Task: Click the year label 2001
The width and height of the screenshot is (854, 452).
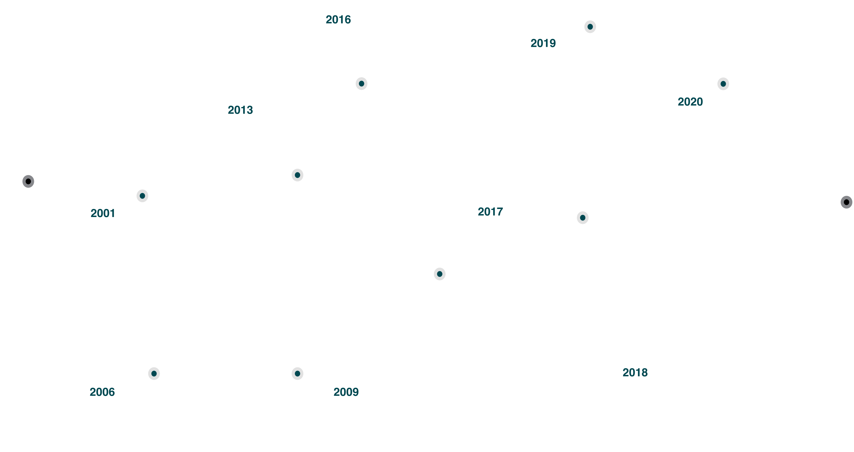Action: pos(103,213)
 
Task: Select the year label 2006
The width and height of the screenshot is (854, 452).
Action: pos(102,392)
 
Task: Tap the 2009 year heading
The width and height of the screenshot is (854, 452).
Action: pos(346,392)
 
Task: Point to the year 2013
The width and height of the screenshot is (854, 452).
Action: pos(240,110)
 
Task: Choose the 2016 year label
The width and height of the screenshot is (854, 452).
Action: pos(338,20)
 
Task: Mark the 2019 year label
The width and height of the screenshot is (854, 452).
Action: pos(543,43)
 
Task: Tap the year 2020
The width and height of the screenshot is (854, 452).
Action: pos(690,102)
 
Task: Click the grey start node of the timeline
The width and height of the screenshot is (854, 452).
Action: pos(28,181)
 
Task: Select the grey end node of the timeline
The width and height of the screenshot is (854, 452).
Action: pos(846,202)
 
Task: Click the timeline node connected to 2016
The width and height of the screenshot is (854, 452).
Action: pos(361,83)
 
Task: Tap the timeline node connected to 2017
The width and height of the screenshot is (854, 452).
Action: pos(440,274)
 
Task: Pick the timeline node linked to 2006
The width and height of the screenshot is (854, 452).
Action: pos(154,374)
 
